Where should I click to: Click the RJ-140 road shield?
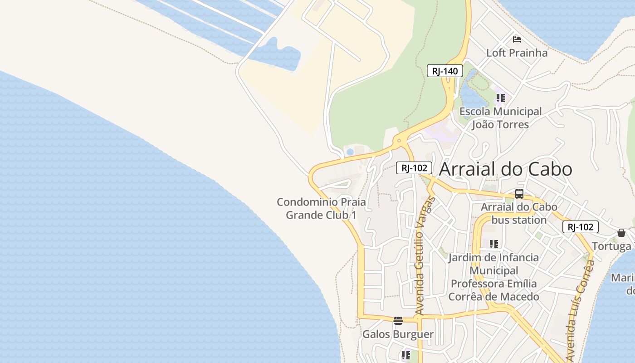[444, 71]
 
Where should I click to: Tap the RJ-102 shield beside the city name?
[414, 168]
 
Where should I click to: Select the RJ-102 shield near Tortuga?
[580, 227]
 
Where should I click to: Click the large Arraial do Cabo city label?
[505, 169]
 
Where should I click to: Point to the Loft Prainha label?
[517, 53]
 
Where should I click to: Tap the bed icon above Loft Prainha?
[517, 39]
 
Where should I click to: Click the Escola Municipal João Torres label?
[500, 118]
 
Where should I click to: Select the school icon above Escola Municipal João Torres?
[500, 98]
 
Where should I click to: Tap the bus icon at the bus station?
[519, 194]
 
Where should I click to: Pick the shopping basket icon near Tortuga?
[621, 233]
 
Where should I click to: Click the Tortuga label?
[611, 246]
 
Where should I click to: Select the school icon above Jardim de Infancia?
[494, 244]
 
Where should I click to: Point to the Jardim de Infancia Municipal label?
[493, 277]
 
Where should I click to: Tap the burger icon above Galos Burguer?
[398, 321]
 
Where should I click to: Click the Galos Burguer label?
[398, 334]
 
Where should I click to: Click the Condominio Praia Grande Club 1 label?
[321, 208]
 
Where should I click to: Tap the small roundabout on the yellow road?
[399, 141]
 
